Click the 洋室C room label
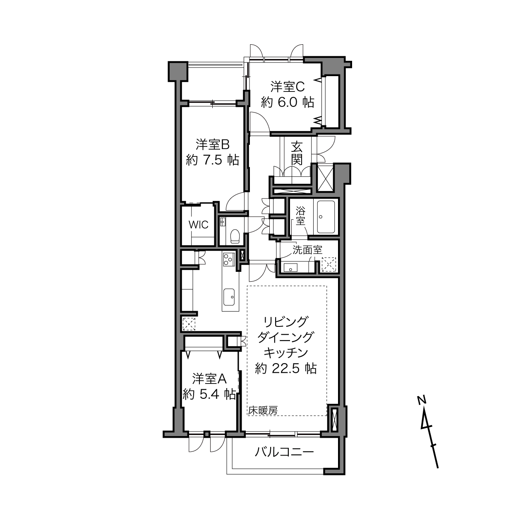(287, 87)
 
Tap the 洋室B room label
(212, 145)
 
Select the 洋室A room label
(209, 379)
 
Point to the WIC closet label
(198, 225)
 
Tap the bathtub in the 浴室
(326, 217)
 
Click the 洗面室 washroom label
(307, 250)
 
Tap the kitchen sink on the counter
(229, 297)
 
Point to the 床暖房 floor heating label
(263, 410)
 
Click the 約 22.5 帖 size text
(285, 369)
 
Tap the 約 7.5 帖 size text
(212, 161)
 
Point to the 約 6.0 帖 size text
(288, 103)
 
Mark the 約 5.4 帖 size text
(209, 395)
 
